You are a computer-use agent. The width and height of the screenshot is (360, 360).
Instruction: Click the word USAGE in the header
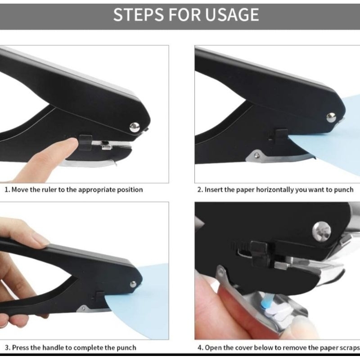click(232, 15)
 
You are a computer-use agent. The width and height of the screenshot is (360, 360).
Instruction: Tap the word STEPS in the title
click(139, 15)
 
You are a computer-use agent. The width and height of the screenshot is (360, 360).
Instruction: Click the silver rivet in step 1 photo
click(135, 127)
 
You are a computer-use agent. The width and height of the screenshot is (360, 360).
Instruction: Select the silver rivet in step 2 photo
click(331, 117)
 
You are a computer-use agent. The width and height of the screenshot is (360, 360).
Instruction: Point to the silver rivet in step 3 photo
click(133, 284)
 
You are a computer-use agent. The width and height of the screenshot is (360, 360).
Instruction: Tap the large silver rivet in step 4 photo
click(321, 231)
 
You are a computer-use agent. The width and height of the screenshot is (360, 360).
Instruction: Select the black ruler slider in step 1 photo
click(85, 143)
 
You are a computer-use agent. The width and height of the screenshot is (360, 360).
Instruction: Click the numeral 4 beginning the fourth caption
click(199, 347)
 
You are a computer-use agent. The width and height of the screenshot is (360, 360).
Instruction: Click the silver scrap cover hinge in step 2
click(257, 156)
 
